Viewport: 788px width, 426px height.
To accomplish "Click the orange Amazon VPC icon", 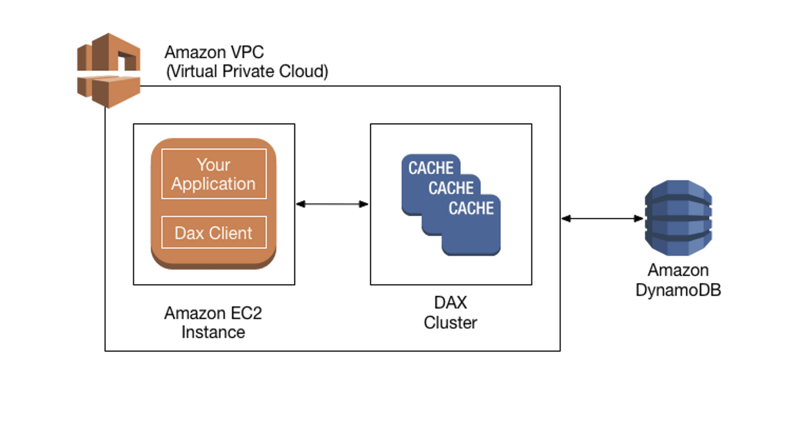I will tap(109, 70).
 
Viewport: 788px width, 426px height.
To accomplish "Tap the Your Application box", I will tap(213, 174).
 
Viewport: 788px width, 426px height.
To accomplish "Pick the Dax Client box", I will tap(213, 232).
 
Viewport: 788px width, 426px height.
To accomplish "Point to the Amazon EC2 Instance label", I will tap(213, 322).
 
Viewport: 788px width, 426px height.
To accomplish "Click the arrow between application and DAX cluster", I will tap(332, 204).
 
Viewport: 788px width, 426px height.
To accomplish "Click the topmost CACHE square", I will tap(431, 169).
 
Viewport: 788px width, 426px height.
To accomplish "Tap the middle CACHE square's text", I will tap(451, 188).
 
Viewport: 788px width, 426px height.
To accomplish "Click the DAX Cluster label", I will tap(450, 312).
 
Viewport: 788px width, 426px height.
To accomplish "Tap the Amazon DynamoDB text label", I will tap(678, 280).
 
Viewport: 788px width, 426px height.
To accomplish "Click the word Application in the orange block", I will tap(213, 184).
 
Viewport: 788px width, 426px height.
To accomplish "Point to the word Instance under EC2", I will tap(213, 332).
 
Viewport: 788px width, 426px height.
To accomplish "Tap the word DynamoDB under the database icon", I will tap(678, 289).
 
